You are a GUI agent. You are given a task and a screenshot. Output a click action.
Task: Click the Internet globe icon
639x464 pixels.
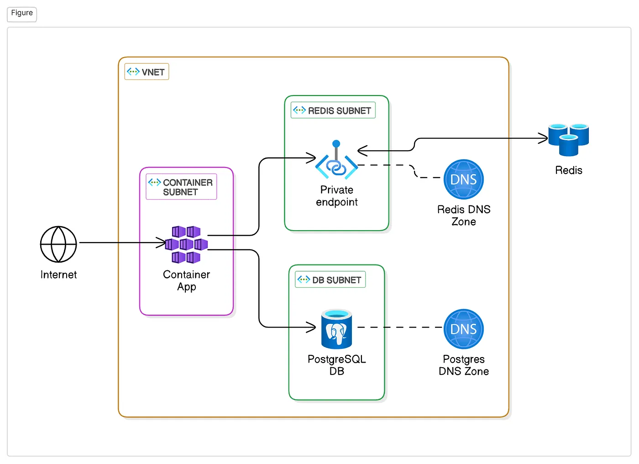pyautogui.click(x=58, y=244)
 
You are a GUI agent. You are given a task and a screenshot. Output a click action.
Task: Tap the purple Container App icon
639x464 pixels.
pyautogui.click(x=186, y=244)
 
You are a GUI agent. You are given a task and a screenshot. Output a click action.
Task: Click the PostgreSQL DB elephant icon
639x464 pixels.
pyautogui.click(x=337, y=329)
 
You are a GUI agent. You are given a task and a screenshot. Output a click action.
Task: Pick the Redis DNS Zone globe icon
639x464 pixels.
pyautogui.click(x=463, y=179)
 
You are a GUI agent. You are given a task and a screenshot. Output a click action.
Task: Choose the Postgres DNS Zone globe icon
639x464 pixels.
pyautogui.click(x=463, y=329)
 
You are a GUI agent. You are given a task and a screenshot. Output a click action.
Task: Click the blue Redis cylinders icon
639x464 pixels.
pyautogui.click(x=568, y=139)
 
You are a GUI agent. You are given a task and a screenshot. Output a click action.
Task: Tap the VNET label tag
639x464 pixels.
pyautogui.click(x=147, y=72)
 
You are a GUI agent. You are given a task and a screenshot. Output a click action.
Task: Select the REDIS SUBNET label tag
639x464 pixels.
pyautogui.click(x=333, y=111)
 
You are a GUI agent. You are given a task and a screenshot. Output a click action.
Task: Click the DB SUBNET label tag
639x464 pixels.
pyautogui.click(x=330, y=279)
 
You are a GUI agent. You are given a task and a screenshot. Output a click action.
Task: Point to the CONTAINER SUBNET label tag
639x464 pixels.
pyautogui.click(x=181, y=187)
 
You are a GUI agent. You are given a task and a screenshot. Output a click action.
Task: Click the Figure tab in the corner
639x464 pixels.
pyautogui.click(x=22, y=13)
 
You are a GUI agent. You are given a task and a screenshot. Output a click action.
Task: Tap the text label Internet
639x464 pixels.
pyautogui.click(x=58, y=274)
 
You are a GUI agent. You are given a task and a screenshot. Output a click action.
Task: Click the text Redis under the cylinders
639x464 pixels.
pyautogui.click(x=568, y=170)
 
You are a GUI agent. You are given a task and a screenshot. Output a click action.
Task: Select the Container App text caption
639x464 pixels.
pyautogui.click(x=186, y=280)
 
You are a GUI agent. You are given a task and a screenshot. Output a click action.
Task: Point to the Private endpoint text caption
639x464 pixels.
pyautogui.click(x=336, y=196)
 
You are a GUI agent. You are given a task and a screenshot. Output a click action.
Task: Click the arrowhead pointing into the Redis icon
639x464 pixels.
pyautogui.click(x=543, y=138)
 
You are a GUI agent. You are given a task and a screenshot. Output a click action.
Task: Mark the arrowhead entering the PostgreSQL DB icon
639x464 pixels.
pyautogui.click(x=311, y=327)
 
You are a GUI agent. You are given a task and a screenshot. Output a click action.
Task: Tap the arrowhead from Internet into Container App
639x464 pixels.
pyautogui.click(x=161, y=243)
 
